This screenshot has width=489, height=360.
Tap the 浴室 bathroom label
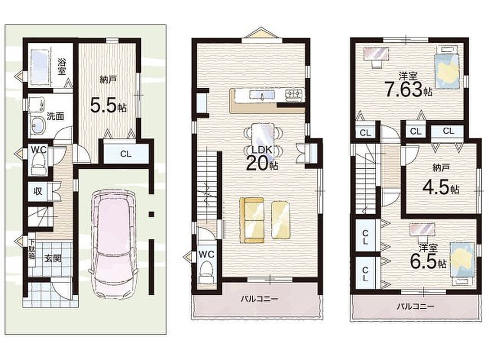pos(62,67)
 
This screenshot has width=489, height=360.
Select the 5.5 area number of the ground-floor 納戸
pos(103,105)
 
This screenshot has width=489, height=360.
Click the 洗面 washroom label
pos(55,117)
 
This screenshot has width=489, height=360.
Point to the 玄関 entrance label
pos(53,258)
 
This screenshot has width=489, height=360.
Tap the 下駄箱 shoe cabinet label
pos(32,249)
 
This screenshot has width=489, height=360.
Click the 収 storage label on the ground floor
pos(38,191)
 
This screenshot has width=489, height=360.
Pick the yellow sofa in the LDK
pos(251,220)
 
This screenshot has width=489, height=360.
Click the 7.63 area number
pos(404,89)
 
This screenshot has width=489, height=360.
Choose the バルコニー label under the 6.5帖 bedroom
pos(415,306)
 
